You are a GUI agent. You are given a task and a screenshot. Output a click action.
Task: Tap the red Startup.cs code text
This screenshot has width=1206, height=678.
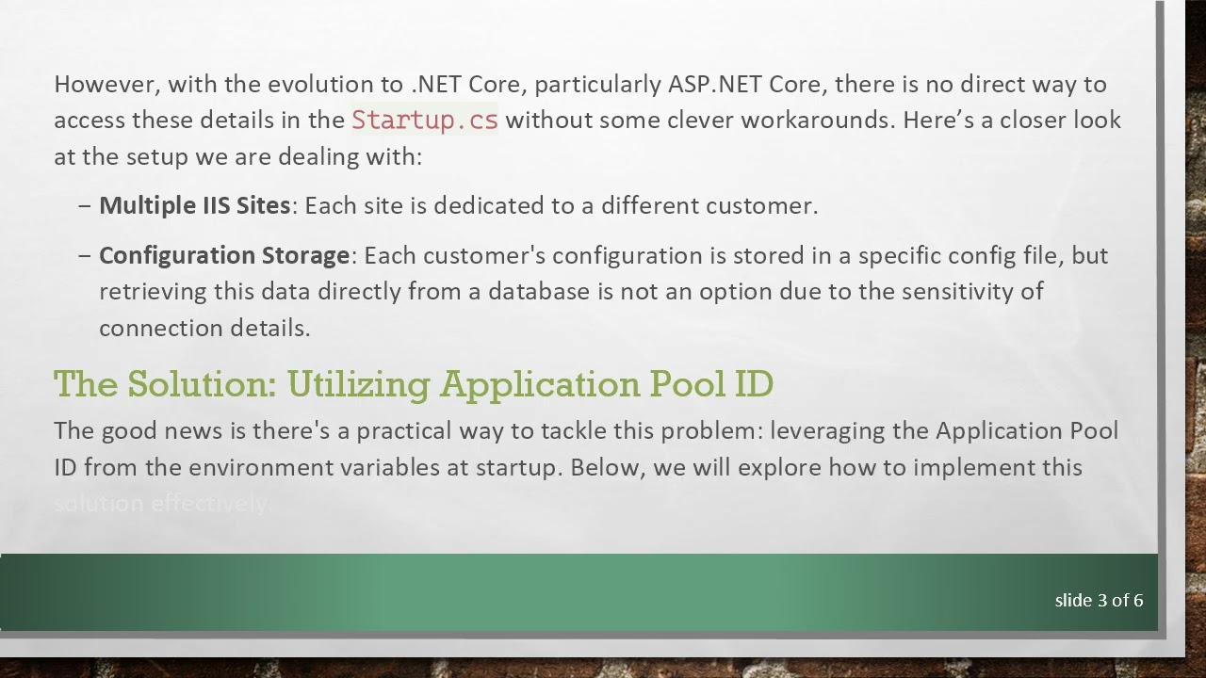click(424, 121)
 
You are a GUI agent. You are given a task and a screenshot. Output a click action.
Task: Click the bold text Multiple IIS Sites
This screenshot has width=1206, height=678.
click(194, 206)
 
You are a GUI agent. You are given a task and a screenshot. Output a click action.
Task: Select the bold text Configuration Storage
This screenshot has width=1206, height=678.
click(224, 256)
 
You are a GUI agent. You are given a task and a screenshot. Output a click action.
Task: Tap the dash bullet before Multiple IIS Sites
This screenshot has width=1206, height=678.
click(85, 206)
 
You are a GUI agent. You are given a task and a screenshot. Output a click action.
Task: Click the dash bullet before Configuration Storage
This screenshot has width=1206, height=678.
click(85, 256)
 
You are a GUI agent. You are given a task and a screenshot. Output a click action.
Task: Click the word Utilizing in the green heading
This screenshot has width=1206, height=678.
click(359, 384)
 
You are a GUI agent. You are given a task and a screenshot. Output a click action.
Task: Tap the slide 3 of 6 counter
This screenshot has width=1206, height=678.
click(1099, 601)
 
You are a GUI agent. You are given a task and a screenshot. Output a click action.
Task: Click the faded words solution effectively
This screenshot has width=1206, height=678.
click(162, 504)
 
